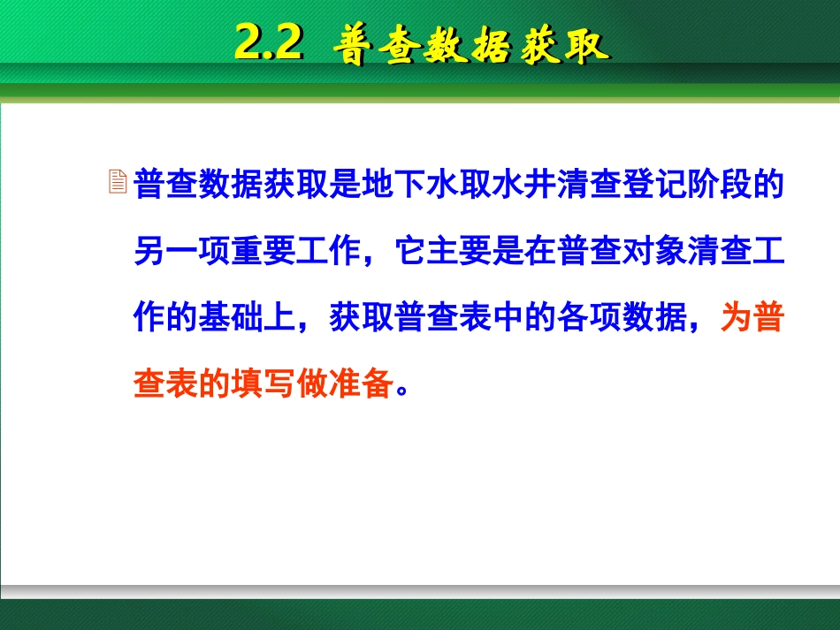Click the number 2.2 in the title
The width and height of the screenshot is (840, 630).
269,42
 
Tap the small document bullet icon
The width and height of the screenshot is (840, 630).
117,183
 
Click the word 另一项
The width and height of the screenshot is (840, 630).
182,252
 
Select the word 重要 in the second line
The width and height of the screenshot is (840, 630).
264,252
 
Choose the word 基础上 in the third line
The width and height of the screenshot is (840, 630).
248,318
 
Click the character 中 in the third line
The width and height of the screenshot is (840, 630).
508,318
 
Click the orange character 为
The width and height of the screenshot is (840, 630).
736,318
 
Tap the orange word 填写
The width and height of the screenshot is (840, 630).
264,384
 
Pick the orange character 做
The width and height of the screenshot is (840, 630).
313,384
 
